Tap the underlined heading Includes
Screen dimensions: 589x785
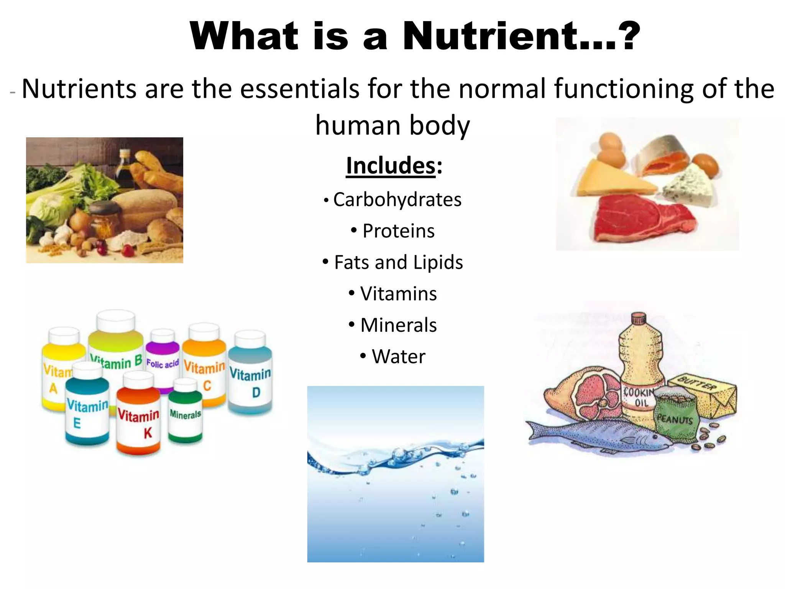pos(391,166)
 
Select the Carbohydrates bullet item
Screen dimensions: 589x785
pos(397,200)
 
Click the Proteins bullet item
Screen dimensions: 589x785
pos(398,231)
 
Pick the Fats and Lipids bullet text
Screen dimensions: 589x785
pos(398,263)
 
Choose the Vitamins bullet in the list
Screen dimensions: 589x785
pos(398,294)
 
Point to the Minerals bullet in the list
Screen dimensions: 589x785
pos(398,326)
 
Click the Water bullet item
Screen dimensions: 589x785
pos(398,357)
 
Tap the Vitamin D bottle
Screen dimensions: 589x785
pos(251,380)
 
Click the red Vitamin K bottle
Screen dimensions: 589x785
pos(138,418)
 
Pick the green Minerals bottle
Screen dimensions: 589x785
pos(185,412)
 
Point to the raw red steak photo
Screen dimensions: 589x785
pos(640,219)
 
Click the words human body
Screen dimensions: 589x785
pos(392,126)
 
